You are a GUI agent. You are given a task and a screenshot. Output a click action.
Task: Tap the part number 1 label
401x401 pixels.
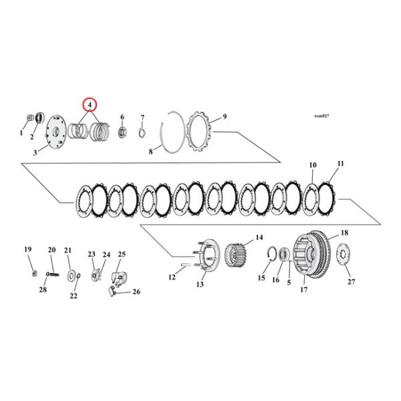coord(21,133)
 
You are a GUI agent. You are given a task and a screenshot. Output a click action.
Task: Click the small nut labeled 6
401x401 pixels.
coord(122,131)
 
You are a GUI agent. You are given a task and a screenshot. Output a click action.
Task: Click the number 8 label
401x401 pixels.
coord(150,152)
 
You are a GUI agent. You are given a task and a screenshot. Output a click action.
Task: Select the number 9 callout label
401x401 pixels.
coord(225,116)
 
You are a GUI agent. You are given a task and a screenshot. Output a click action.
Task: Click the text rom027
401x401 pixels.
coord(321,116)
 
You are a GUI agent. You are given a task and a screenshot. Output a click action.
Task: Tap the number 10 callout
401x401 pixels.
coord(313,164)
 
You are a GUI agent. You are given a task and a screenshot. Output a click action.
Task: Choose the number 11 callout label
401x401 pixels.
coord(341,163)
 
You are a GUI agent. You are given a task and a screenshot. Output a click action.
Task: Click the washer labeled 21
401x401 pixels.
coord(70,275)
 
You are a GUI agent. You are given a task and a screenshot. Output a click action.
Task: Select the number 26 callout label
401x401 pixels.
coord(136,291)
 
